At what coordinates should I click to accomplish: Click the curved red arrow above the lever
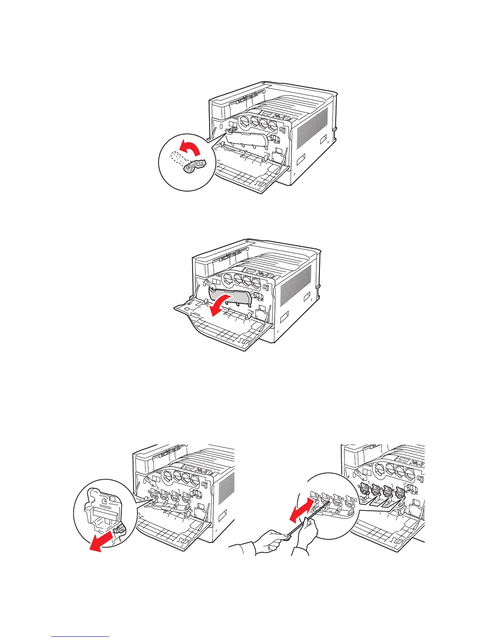click(x=190, y=148)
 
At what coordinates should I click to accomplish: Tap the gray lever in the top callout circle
click(x=195, y=166)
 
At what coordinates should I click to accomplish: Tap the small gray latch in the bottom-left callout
click(x=120, y=531)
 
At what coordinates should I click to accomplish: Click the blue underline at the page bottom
click(x=80, y=636)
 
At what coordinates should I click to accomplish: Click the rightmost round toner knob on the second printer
click(x=256, y=281)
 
